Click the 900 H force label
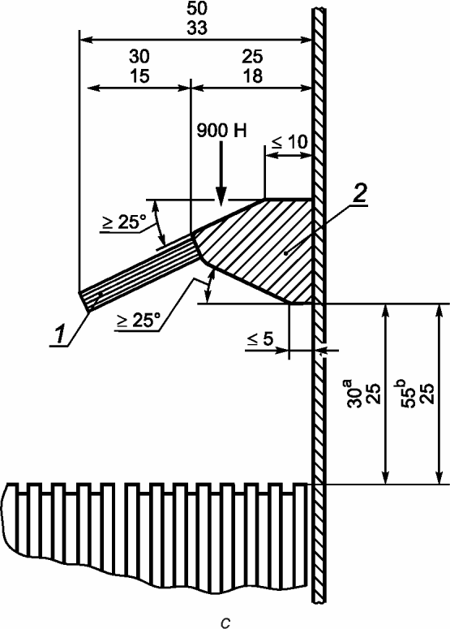tap(221, 131)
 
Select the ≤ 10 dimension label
tap(289, 142)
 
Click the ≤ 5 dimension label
tap(259, 339)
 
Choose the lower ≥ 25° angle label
tap(137, 321)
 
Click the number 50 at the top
tap(197, 9)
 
